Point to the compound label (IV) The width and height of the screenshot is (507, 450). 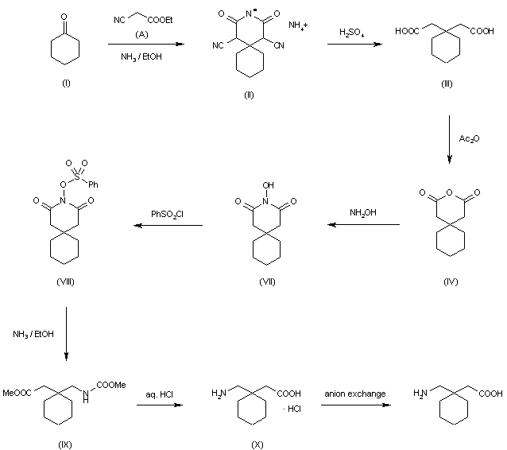click(x=451, y=281)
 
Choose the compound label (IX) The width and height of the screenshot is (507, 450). click(x=64, y=444)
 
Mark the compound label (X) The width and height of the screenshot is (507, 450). click(x=257, y=444)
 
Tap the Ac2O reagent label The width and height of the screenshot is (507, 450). click(x=468, y=138)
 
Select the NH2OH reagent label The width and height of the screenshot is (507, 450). click(x=362, y=213)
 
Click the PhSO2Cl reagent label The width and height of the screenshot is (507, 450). click(x=168, y=213)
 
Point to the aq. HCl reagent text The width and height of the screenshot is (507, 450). click(x=161, y=394)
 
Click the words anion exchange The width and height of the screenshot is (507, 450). click(x=355, y=394)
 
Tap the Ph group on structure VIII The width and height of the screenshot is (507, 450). click(x=93, y=184)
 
